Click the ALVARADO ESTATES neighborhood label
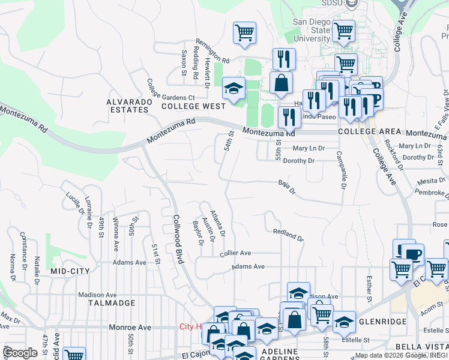[x=127, y=106]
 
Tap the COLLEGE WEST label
[x=193, y=106]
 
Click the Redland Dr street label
[x=288, y=235]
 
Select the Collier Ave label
[x=235, y=254]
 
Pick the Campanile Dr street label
[x=340, y=170]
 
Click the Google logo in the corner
[x=20, y=353]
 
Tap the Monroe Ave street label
[x=130, y=328]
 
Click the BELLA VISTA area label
[x=418, y=347]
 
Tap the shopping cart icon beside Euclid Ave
[x=74, y=355]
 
